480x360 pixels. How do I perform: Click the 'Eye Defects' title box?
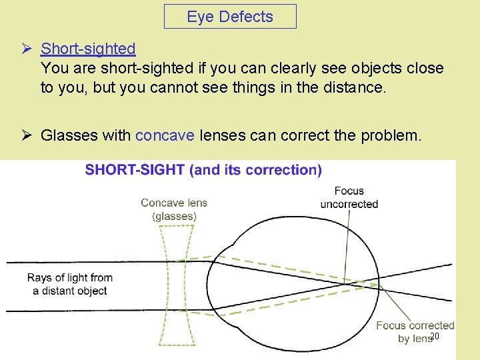click(x=230, y=17)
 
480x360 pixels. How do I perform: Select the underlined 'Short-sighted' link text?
click(x=88, y=49)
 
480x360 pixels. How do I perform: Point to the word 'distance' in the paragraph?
click(x=355, y=88)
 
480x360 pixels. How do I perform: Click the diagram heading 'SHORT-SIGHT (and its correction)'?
click(x=203, y=170)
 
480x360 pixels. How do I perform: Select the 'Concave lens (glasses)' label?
click(x=174, y=209)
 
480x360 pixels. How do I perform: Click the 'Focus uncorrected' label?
click(x=349, y=198)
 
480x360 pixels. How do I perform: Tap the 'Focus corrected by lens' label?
click(x=415, y=332)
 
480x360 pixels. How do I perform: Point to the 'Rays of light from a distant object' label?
click(x=70, y=284)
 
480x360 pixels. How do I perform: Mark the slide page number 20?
click(x=434, y=337)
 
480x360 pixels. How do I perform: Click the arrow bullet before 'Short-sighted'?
click(x=27, y=49)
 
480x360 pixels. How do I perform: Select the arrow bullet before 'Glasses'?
click(x=27, y=136)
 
